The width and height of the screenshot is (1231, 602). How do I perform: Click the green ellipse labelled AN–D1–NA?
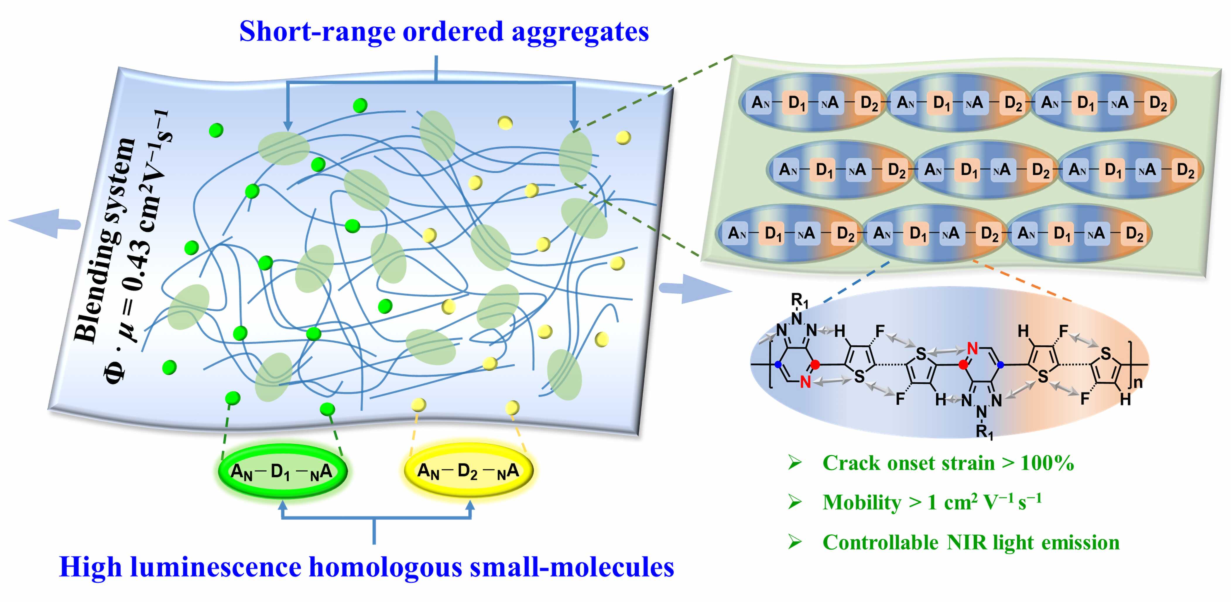(282, 471)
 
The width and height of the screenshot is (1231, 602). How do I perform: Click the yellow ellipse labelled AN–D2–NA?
(468, 471)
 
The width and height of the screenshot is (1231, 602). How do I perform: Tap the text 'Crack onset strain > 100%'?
(948, 463)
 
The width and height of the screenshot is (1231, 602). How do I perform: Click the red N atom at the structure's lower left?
(806, 382)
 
